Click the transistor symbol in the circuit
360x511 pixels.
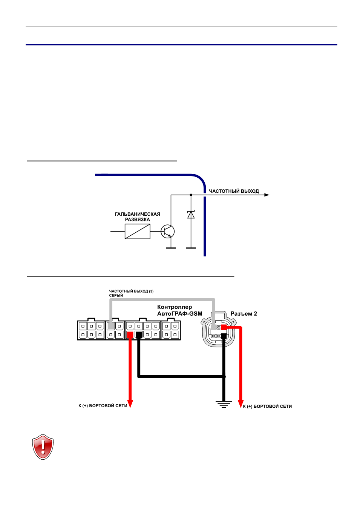point(168,231)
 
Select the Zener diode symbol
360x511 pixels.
point(191,215)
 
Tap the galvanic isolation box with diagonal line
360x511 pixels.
point(138,231)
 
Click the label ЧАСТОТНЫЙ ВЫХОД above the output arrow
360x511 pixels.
point(234,191)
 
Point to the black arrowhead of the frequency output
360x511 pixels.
point(267,195)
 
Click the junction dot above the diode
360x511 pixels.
point(191,195)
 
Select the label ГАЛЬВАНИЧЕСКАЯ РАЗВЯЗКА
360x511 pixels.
point(138,217)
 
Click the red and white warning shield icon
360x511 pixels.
point(43,447)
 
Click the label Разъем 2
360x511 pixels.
point(244,314)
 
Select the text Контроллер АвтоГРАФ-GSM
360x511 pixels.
point(180,310)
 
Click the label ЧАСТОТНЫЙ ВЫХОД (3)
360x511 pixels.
point(131,291)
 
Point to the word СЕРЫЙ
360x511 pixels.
point(116,296)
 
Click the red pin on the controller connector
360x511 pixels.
point(130,335)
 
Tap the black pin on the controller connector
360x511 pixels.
point(139,335)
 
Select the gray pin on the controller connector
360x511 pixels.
point(111,326)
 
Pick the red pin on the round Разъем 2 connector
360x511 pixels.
point(224,327)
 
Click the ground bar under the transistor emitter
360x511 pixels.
point(171,248)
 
